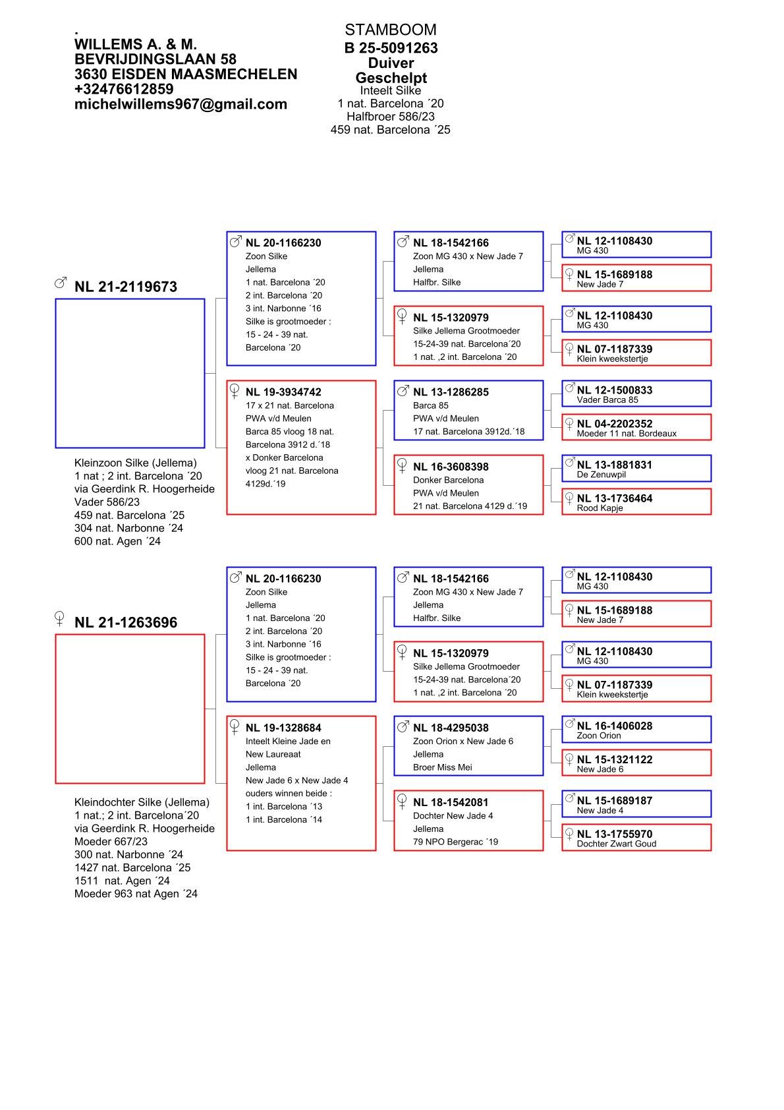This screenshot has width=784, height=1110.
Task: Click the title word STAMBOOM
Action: (390, 30)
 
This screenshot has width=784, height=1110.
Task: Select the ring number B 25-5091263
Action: (391, 48)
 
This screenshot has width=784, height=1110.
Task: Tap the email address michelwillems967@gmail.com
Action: (181, 104)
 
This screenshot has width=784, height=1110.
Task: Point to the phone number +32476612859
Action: (124, 89)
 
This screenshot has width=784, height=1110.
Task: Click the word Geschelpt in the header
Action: (391, 78)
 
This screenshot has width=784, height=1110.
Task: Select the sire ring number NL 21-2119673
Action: (125, 287)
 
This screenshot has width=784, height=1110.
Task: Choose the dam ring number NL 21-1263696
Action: (125, 622)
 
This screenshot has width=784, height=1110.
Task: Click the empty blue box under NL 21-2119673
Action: (130, 373)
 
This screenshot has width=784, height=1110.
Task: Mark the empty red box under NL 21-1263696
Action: (130, 709)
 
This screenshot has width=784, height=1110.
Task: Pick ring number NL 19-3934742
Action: (283, 392)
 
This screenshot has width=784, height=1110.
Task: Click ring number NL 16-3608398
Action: (451, 467)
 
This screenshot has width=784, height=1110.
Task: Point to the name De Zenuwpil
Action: (601, 475)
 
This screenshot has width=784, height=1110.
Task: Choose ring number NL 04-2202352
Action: (614, 424)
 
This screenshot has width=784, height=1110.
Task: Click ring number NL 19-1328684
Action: (283, 728)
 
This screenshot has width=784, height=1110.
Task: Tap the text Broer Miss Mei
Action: (442, 767)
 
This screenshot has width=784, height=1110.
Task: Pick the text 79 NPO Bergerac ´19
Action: (455, 842)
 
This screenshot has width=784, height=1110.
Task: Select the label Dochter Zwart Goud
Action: (616, 844)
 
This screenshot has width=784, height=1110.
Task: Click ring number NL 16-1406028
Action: (614, 726)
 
